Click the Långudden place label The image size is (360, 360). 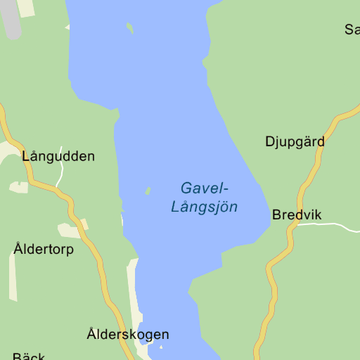click(58, 156)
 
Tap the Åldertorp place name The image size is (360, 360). click(44, 249)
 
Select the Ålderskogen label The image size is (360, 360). click(128, 334)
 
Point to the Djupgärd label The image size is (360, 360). click(295, 141)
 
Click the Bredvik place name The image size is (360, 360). click(297, 214)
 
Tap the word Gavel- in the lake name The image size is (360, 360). click(205, 188)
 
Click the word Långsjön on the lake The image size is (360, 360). click(204, 207)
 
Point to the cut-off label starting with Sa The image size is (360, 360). click(352, 30)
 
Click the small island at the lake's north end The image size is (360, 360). click(129, 28)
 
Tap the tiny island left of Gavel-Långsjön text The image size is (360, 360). click(148, 191)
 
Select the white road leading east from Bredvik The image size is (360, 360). click(330, 226)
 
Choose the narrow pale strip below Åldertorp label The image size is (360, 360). click(12, 278)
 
